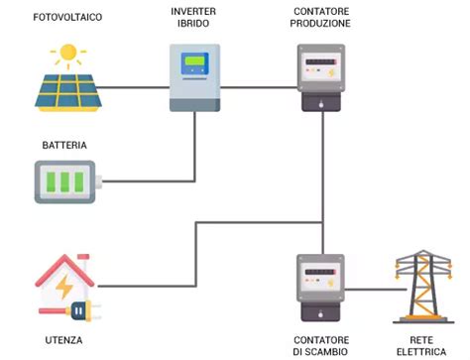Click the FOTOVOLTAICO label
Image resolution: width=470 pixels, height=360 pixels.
[x=67, y=17]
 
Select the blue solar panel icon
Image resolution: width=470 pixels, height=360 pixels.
[x=67, y=87]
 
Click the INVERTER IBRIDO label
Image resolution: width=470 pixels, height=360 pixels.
[x=194, y=17]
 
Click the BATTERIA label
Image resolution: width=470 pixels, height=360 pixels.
[x=64, y=145]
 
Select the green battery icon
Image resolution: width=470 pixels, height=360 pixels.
[x=67, y=182]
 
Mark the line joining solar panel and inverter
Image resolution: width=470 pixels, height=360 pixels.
[x=134, y=86]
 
